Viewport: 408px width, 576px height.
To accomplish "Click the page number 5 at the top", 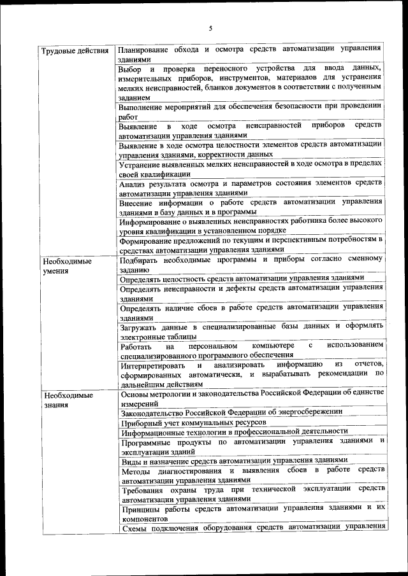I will pos(210,27).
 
